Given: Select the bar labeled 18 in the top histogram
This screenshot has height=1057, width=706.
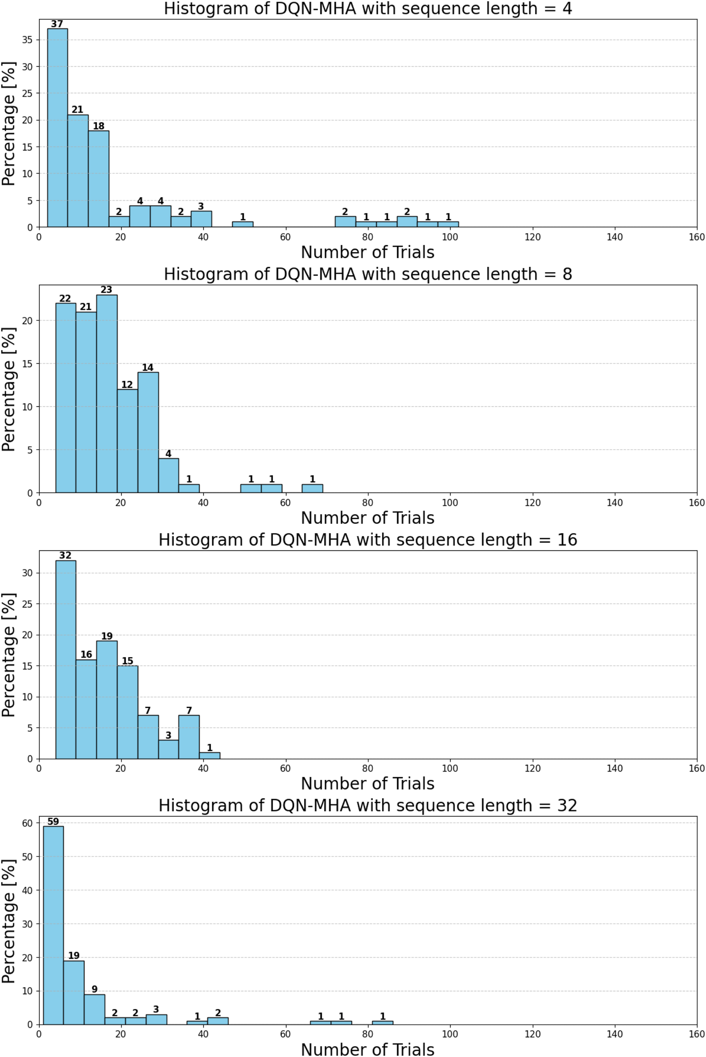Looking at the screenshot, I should [x=98, y=179].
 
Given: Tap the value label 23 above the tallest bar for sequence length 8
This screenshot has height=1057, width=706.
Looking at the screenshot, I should [x=106, y=290].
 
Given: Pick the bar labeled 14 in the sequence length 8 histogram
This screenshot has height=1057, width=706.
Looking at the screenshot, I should [x=148, y=432].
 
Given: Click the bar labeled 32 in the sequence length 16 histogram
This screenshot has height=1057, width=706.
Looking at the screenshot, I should [x=66, y=660].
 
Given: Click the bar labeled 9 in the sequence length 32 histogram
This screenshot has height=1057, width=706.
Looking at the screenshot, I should [x=94, y=1009].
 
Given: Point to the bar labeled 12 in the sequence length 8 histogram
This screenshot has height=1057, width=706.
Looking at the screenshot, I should [x=127, y=441].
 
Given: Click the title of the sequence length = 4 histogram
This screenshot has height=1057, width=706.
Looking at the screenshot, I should [x=368, y=8].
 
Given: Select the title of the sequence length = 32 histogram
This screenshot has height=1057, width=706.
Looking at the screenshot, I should [x=368, y=805].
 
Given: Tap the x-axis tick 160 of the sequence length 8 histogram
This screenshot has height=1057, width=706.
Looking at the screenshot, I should [x=696, y=503].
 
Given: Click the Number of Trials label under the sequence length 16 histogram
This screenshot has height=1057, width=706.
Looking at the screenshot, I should [x=368, y=784].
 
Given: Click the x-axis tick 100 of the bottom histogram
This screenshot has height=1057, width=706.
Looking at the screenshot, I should [x=450, y=1034].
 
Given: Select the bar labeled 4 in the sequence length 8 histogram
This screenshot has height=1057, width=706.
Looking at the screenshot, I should [x=168, y=476].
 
